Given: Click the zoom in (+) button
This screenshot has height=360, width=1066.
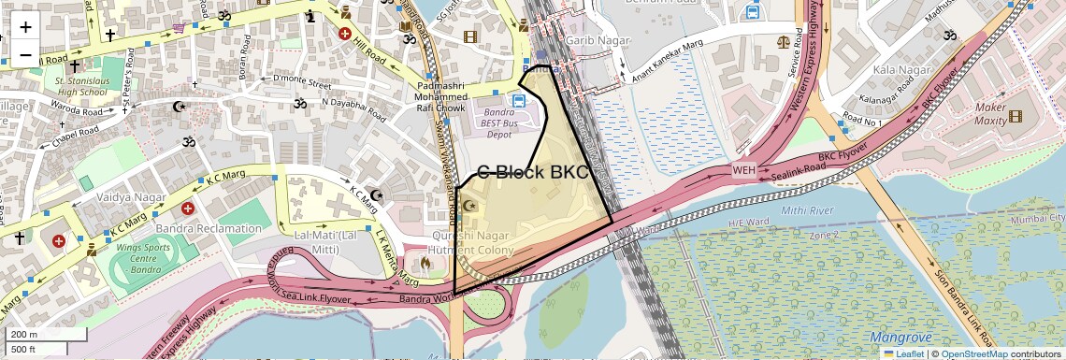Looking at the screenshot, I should tap(25, 28).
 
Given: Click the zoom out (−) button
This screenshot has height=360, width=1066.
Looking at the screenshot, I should tap(25, 55).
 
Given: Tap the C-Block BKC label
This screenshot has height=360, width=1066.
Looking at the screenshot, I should tap(533, 172).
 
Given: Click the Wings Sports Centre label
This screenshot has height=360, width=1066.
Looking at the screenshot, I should tap(148, 253).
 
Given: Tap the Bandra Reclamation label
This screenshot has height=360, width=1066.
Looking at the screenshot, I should tap(216, 228).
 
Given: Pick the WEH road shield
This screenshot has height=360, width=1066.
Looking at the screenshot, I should tap(743, 170).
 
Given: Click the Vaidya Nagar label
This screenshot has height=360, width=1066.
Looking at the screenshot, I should tap(131, 198).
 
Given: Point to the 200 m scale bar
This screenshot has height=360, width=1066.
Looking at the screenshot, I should tap(35, 335).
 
